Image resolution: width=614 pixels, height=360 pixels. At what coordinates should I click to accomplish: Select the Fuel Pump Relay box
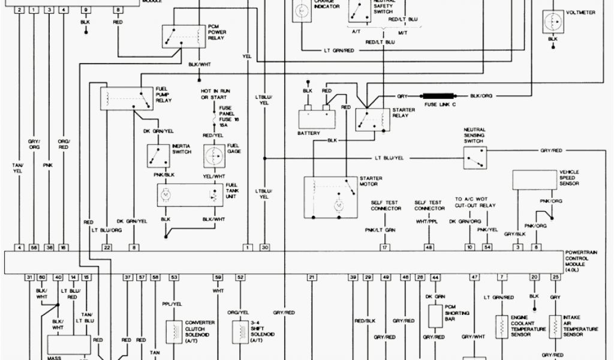coord(127,98)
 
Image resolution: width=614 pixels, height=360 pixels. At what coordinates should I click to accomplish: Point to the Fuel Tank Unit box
coord(189,196)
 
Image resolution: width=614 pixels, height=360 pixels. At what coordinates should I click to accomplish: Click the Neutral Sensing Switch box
coord(474,157)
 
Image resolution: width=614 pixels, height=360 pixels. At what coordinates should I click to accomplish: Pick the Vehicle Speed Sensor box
coord(534,180)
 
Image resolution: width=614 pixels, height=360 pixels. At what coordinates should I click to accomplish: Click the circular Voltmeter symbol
coord(552,22)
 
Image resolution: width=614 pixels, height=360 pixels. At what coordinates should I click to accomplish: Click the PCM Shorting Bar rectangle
coord(435,316)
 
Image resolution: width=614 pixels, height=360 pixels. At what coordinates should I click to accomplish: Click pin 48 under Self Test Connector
coord(429,247)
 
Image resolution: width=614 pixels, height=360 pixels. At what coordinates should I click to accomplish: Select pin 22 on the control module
coord(107,247)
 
